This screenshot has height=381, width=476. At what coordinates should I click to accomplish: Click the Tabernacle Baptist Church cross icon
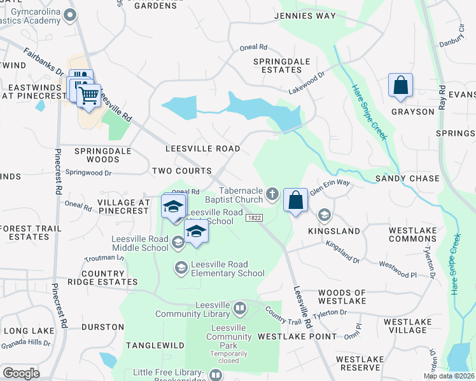click(x=272, y=193)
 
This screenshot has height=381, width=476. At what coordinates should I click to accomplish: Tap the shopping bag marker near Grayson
click(x=400, y=86)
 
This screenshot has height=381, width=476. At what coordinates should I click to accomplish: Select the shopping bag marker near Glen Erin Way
click(x=295, y=200)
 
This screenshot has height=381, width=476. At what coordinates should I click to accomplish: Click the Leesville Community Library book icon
click(x=239, y=309)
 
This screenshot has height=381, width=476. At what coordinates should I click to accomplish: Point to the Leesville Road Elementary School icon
click(x=181, y=268)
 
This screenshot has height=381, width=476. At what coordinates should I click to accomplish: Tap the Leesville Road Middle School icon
click(x=178, y=241)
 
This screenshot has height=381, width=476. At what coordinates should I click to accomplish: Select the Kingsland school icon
click(x=325, y=215)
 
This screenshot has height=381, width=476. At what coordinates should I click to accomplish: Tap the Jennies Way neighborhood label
click(x=304, y=16)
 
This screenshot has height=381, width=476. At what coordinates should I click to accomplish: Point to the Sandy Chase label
click(x=407, y=178)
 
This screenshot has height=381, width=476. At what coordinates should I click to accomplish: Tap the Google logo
click(x=21, y=373)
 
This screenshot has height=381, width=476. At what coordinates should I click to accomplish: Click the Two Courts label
click(x=181, y=171)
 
